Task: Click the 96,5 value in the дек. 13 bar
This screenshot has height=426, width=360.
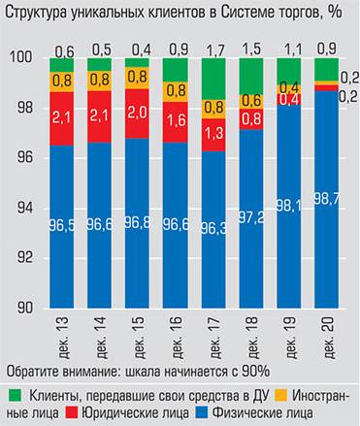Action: [x=63, y=226]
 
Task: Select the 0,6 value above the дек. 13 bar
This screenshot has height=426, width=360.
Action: [x=63, y=49]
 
